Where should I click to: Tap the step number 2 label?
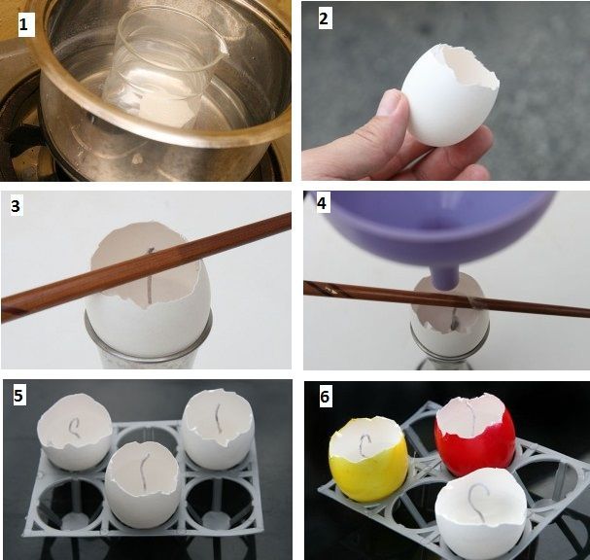pyautogui.click(x=324, y=18)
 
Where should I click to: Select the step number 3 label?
pyautogui.click(x=16, y=206)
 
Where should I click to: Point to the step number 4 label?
pyautogui.click(x=322, y=203)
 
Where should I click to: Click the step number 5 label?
pyautogui.click(x=18, y=396)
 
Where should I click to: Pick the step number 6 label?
pyautogui.click(x=325, y=397)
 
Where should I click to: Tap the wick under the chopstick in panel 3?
pyautogui.click(x=150, y=276)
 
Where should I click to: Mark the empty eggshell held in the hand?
pyautogui.click(x=450, y=95)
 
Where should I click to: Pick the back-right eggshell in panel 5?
pyautogui.click(x=218, y=429)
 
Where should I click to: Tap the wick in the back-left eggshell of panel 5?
pyautogui.click(x=74, y=428)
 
